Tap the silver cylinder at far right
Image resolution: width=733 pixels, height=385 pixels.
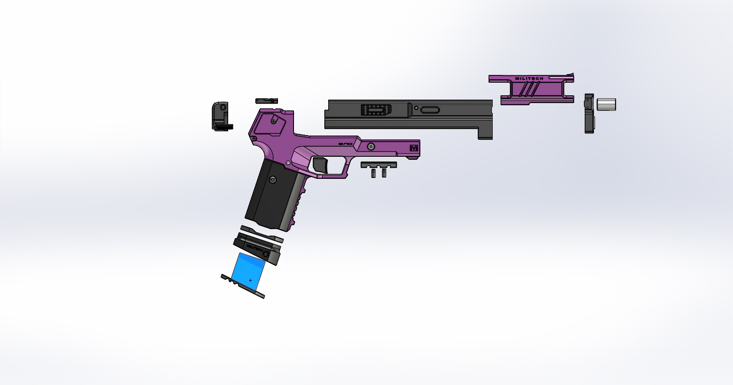(x=606, y=104)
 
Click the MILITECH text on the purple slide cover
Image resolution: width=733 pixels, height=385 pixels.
(x=529, y=78)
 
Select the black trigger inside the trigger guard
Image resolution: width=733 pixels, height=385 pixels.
(x=321, y=165)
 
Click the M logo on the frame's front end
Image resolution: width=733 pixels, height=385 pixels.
(x=414, y=148)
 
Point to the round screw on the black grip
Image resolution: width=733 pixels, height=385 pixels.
(x=273, y=180)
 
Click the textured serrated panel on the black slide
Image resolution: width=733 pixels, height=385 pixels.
(x=376, y=110)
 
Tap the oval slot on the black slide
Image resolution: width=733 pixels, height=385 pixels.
(x=430, y=110)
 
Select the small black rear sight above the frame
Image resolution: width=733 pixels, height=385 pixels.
(x=266, y=101)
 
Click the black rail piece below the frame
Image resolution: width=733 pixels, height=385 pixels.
(x=379, y=165)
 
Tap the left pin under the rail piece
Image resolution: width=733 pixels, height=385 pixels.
(x=373, y=173)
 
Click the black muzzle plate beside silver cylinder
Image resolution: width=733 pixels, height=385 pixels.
(x=589, y=113)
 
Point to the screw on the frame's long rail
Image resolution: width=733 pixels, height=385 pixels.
(x=371, y=147)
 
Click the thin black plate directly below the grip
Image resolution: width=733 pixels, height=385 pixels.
(x=262, y=233)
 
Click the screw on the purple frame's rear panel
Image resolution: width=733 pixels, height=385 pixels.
(x=274, y=121)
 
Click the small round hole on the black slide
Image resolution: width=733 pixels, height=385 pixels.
(x=416, y=108)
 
